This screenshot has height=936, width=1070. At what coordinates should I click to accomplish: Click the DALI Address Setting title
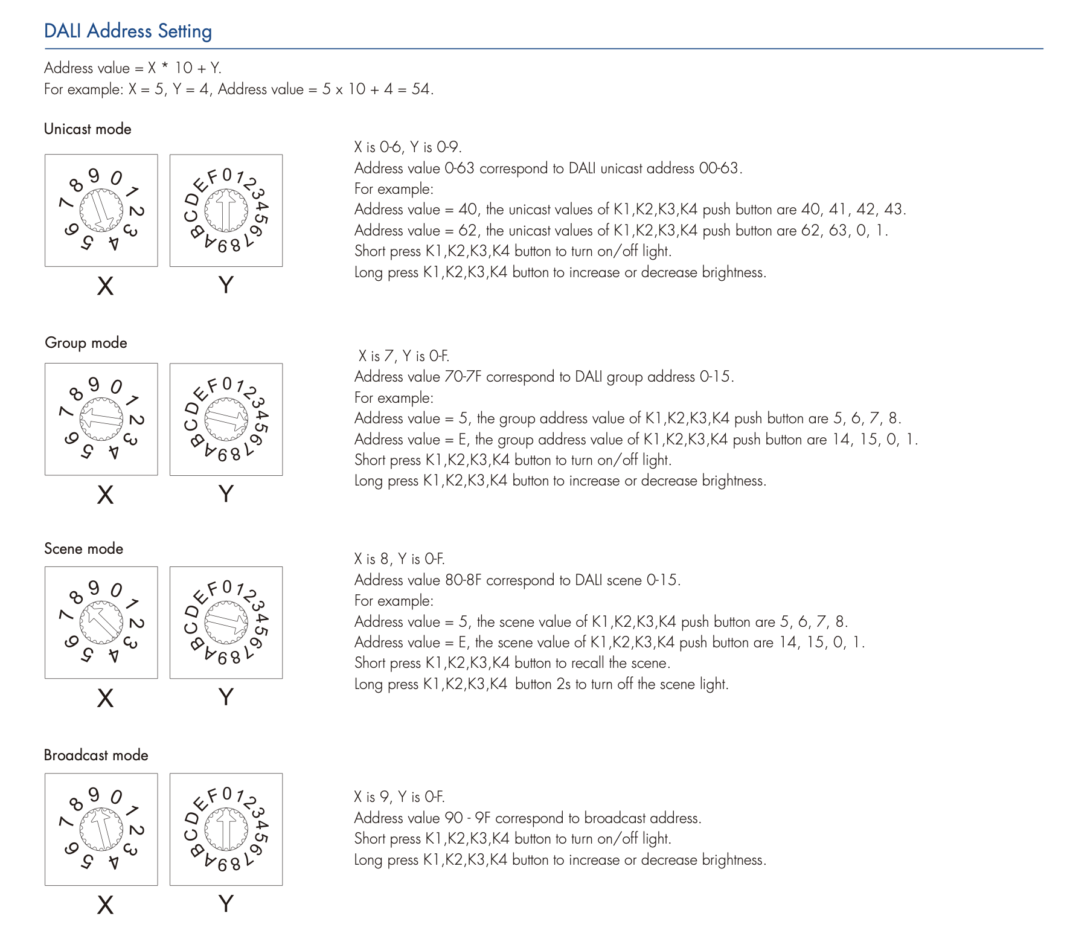(128, 31)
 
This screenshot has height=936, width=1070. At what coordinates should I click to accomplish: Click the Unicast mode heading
(88, 129)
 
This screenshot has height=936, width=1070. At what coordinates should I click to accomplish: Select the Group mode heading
(86, 342)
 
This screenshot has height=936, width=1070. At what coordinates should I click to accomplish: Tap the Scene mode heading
(83, 548)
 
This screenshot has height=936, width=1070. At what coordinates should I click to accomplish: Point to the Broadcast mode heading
(96, 755)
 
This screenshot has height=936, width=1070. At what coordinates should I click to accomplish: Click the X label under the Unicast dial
(105, 286)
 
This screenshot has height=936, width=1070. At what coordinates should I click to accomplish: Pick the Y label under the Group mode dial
(226, 494)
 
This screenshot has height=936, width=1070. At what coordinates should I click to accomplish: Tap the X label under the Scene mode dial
(105, 698)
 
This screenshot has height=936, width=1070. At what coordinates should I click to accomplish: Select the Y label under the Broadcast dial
(226, 904)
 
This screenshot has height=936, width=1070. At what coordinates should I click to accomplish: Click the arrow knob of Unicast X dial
(101, 210)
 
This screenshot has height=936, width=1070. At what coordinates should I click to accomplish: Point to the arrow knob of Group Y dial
(226, 419)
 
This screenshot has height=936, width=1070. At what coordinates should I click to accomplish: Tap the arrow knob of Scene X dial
(101, 623)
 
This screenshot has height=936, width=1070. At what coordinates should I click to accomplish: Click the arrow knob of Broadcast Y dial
(226, 829)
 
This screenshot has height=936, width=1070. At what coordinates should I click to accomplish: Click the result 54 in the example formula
(420, 89)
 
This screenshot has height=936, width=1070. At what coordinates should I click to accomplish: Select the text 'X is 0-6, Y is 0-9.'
(408, 147)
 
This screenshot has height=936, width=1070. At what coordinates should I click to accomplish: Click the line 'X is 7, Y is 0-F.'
(403, 356)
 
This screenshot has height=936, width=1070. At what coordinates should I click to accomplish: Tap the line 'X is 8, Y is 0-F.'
(399, 559)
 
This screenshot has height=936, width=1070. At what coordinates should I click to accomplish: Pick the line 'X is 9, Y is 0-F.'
(399, 797)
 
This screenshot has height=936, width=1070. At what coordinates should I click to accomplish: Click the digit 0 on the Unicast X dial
(116, 178)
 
